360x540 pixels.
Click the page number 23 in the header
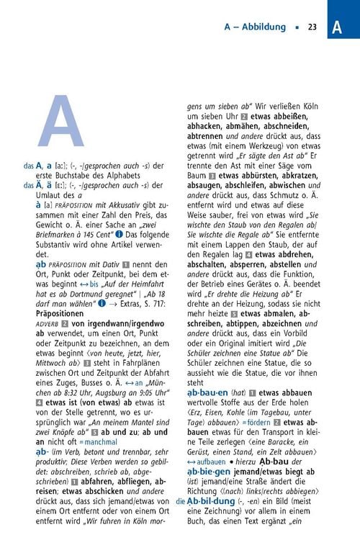point(312,28)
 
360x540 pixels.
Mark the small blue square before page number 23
point(296,28)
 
